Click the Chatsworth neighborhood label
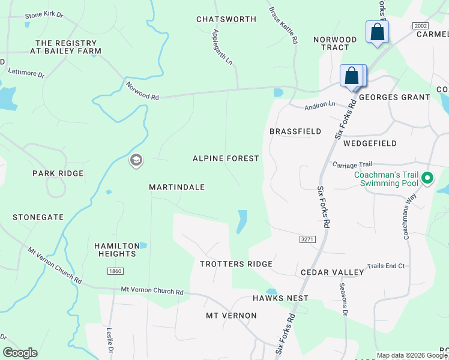226,19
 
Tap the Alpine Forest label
226,158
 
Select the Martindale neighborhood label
177,187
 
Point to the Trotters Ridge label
237,264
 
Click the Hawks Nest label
280,298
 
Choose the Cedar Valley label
333,272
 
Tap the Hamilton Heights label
115,250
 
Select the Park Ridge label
58,173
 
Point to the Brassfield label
295,131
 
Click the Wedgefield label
370,143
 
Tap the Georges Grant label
394,97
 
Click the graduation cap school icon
136,160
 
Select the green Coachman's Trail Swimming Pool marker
427,178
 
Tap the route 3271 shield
307,239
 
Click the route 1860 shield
116,272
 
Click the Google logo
20,353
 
